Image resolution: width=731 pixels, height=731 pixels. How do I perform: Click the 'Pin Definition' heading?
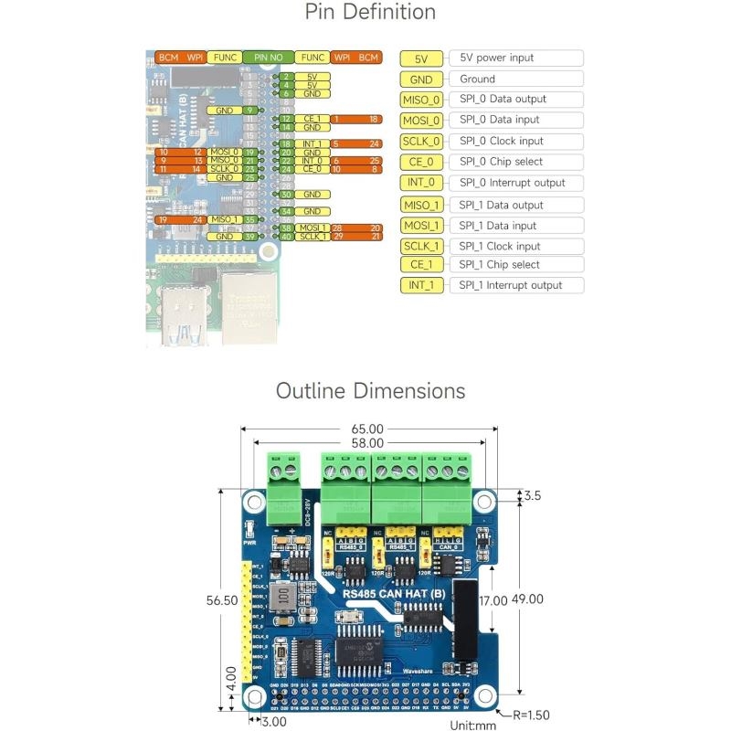tap(370, 13)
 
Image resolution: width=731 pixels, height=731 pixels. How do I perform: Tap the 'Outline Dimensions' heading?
tap(370, 391)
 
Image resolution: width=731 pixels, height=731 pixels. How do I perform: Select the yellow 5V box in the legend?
tap(421, 58)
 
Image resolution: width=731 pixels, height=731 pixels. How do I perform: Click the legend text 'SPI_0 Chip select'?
tap(501, 162)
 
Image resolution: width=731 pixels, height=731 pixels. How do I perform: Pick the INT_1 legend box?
tap(421, 285)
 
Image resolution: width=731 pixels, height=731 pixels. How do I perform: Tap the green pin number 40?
tap(286, 237)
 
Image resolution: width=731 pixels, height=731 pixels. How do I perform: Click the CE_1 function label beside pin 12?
tap(313, 119)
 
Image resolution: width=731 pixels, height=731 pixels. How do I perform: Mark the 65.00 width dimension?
tap(369, 428)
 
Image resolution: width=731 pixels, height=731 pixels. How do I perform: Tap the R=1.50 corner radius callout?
tap(530, 715)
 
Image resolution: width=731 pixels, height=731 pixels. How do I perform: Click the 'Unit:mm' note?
tap(472, 725)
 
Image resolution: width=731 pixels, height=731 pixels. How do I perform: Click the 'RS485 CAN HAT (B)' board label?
tap(394, 594)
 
